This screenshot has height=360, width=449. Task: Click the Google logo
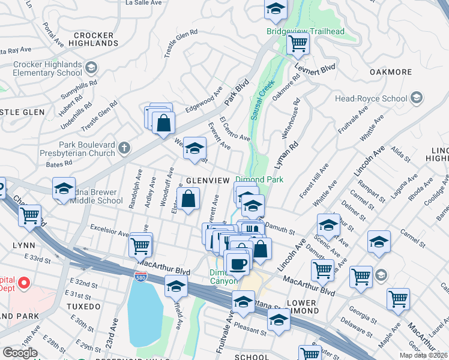[x=20, y=353]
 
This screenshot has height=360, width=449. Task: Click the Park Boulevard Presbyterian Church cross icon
[x=124, y=148]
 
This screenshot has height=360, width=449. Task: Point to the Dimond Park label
[x=259, y=179]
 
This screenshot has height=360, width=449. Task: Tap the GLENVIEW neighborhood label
[x=208, y=181]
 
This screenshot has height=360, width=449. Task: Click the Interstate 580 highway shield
[x=138, y=275]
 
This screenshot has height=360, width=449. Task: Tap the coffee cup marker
[x=237, y=263]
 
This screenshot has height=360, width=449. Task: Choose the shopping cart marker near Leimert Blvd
[x=297, y=43]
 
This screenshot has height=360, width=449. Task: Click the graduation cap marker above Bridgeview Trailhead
[x=276, y=9]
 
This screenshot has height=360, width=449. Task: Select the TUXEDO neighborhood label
[x=83, y=307]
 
